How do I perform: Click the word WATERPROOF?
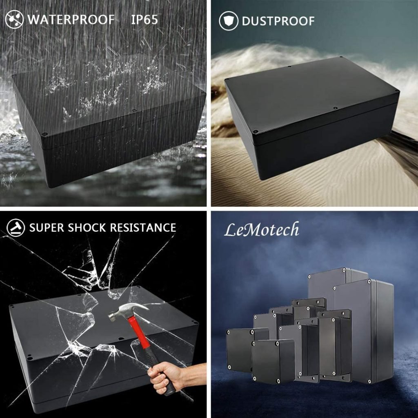[x=71, y=20]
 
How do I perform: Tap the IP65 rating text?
[x=144, y=20]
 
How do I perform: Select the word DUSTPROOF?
[x=278, y=21]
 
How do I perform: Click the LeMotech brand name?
[x=262, y=230]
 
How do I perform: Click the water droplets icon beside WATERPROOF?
[x=15, y=20]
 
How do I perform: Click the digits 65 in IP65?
[x=151, y=20]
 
